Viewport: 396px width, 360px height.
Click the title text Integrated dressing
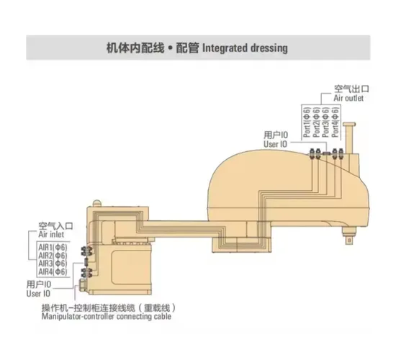245,48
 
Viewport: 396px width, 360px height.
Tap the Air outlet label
348,98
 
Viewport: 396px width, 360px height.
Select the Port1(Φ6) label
307,122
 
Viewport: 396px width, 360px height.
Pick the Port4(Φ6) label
335,122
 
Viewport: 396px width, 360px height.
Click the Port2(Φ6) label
317,122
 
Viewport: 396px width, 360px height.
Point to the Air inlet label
51,235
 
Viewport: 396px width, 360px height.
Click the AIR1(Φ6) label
53,247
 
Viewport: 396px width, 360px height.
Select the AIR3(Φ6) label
53,264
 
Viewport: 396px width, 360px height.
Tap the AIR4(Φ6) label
53,272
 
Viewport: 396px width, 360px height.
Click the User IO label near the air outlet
276,144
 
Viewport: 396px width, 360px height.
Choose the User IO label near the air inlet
38,294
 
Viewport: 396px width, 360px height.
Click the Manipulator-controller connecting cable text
107,317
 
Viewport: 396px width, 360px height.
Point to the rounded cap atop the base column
96,203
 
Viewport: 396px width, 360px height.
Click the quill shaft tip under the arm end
349,240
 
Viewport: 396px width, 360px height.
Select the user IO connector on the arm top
327,153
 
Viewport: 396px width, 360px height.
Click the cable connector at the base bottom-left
83,286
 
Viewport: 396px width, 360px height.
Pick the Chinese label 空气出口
351,89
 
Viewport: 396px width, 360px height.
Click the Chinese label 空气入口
56,225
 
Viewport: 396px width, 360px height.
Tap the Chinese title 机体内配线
135,48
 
